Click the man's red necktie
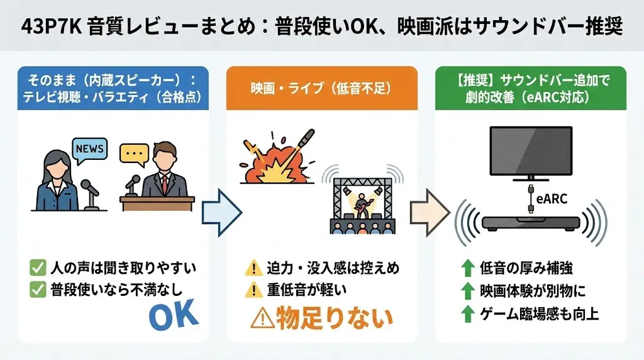pyautogui.click(x=165, y=183)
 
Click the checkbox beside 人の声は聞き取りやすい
pyautogui.click(x=37, y=268)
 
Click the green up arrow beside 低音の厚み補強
pyautogui.click(x=467, y=269)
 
